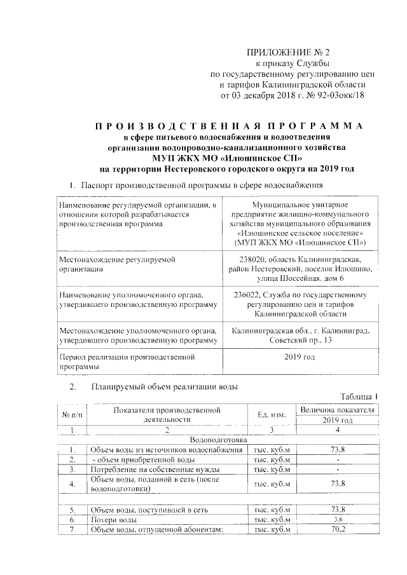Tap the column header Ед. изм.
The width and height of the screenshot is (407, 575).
pyautogui.click(x=271, y=414)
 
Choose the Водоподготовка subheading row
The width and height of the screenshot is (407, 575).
pyautogui.click(x=218, y=440)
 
